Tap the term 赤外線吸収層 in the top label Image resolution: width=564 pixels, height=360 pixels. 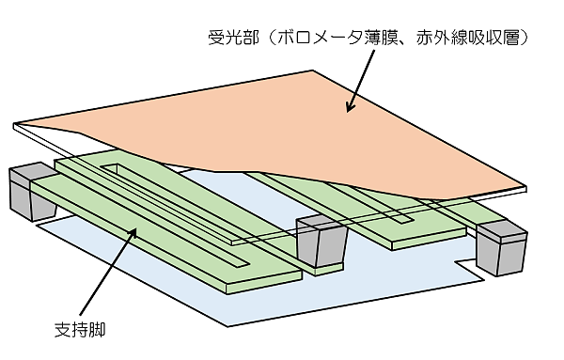[x=467, y=38]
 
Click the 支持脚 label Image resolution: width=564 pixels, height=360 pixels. [x=80, y=329]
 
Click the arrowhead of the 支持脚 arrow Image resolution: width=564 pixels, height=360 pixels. [x=133, y=233]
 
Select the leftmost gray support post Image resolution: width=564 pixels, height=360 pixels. [x=33, y=192]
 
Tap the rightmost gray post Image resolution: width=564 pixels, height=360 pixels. [x=501, y=247]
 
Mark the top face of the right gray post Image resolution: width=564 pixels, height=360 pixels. [x=501, y=228]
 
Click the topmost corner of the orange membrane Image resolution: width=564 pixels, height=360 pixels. [x=312, y=70]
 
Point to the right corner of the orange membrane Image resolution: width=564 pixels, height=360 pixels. [x=525, y=187]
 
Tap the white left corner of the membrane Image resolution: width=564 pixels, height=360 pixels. [x=15, y=126]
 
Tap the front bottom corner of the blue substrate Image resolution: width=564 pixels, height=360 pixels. [x=227, y=326]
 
